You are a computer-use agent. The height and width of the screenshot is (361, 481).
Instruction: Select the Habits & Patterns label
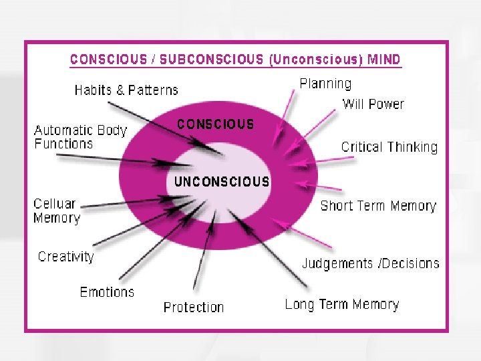point(126,90)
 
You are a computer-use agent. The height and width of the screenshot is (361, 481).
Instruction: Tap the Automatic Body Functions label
point(80,136)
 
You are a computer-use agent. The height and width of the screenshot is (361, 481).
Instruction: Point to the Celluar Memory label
point(57,211)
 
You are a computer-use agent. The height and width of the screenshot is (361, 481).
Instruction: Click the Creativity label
point(66,257)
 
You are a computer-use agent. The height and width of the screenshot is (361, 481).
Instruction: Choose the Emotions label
point(107,292)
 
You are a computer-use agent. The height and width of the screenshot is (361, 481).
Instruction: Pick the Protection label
point(194,308)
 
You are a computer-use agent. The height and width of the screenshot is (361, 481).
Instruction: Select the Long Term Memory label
point(342,305)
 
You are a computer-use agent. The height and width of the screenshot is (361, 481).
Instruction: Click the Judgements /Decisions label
point(371,263)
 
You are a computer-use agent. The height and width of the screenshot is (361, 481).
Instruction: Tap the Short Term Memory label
point(378,206)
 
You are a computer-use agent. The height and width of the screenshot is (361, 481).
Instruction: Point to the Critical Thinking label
point(389,147)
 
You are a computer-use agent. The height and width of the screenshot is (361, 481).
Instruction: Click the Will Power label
point(373,104)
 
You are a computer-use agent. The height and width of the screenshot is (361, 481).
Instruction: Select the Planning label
point(325,84)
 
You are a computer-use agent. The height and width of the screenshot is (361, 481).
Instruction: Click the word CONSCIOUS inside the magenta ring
point(215,124)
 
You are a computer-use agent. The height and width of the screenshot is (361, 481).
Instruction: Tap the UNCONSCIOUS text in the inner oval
point(222,181)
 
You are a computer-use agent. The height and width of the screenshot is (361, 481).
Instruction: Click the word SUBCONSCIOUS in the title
point(213,59)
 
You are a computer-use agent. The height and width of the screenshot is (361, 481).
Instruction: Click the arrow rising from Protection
point(204,257)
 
